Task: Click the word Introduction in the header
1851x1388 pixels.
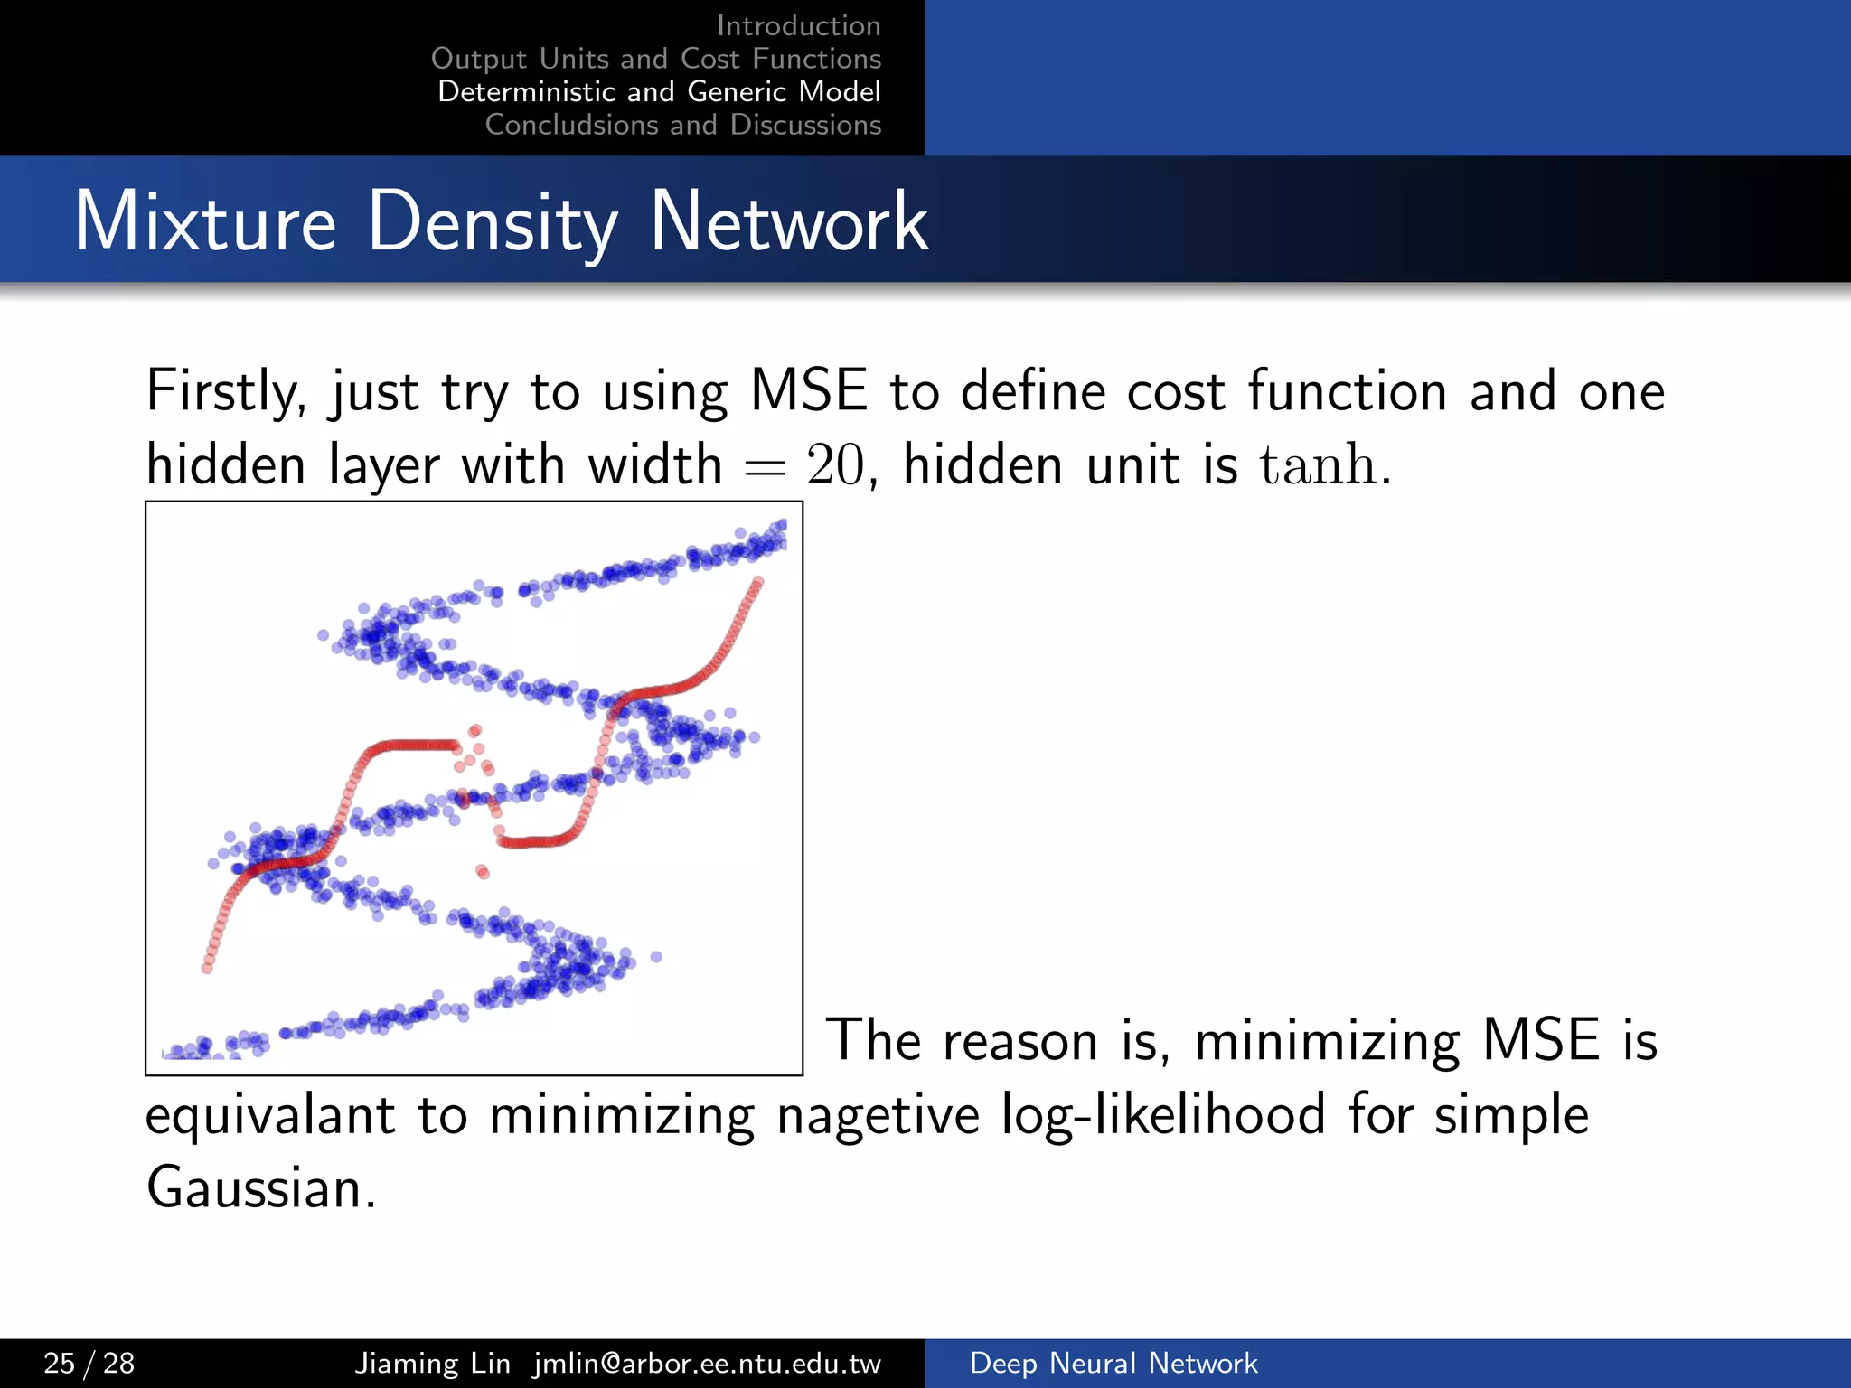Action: (x=798, y=25)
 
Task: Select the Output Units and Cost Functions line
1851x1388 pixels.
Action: (x=655, y=59)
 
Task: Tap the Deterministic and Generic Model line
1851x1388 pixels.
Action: (x=659, y=91)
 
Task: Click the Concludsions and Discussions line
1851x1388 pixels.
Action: (x=682, y=125)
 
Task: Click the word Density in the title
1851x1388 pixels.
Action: (x=493, y=222)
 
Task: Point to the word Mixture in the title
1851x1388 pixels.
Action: (x=205, y=222)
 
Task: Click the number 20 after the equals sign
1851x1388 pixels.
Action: (x=834, y=466)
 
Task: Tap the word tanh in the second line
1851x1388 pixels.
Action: (x=1318, y=464)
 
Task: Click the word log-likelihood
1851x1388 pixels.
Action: (x=1163, y=1114)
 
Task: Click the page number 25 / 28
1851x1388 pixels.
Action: (x=89, y=1363)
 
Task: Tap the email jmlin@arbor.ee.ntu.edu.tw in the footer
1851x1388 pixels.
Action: (x=707, y=1363)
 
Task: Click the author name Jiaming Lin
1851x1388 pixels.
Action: (x=432, y=1363)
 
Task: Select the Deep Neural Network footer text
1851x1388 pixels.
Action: (x=1113, y=1363)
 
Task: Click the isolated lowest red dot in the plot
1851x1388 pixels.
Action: (x=483, y=872)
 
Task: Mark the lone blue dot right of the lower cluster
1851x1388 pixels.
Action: (x=656, y=957)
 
